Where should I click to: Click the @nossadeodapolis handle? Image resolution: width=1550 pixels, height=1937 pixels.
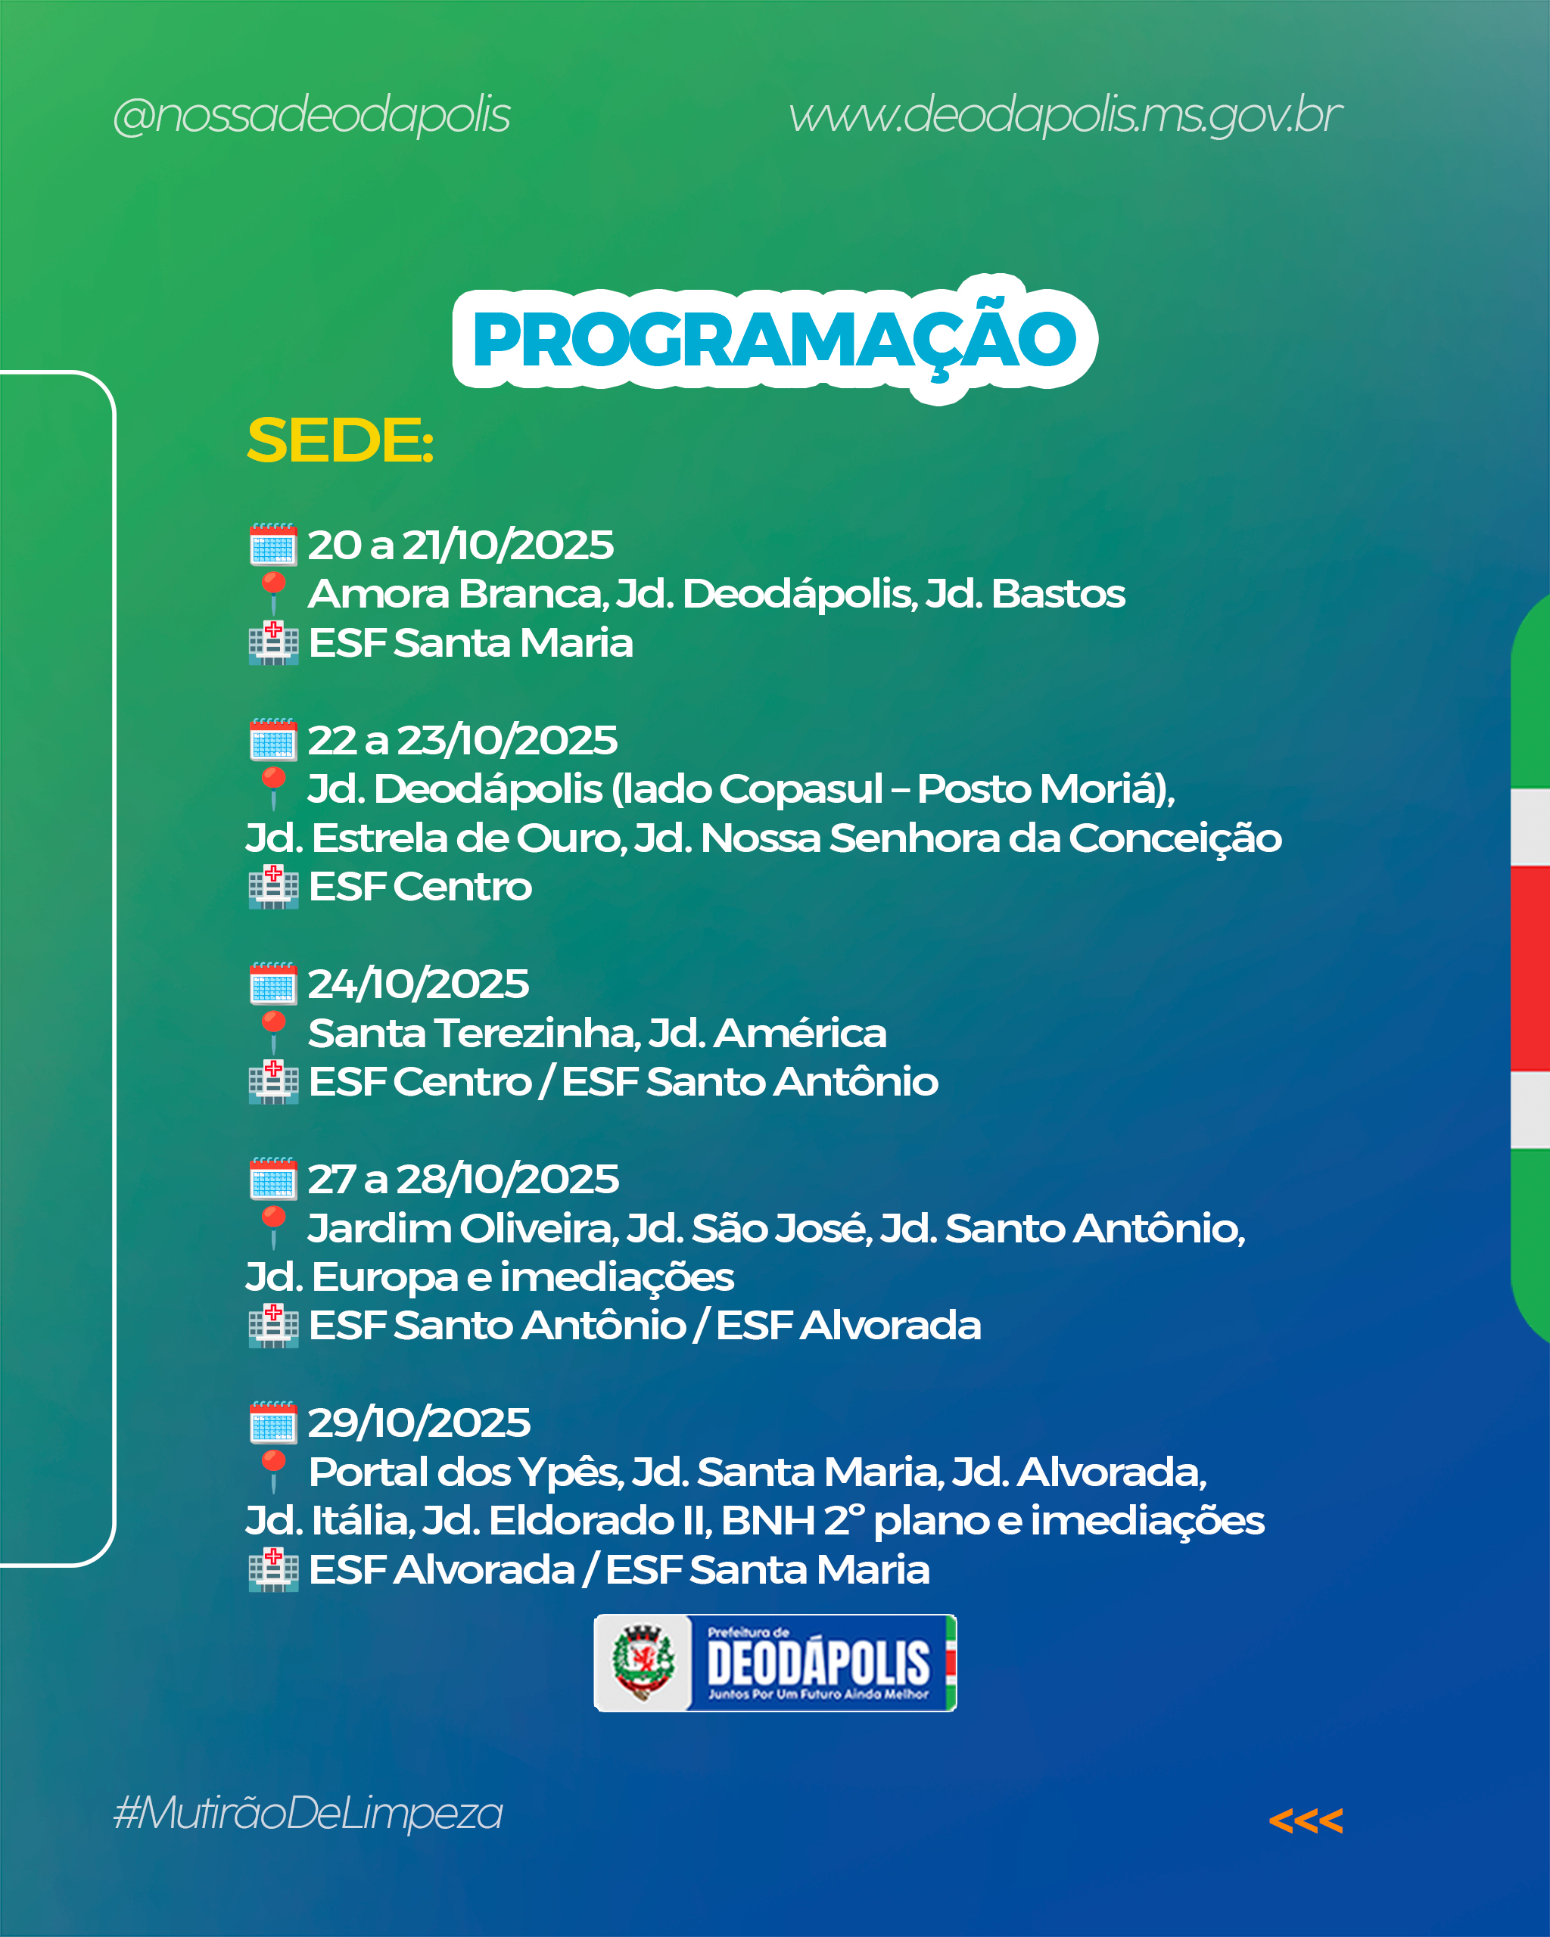tap(312, 116)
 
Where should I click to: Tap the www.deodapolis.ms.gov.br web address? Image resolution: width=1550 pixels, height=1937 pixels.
tap(1066, 116)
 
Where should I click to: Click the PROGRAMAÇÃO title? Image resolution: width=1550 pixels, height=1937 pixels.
tap(774, 340)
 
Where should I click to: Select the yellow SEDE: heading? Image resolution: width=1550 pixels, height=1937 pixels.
tap(341, 440)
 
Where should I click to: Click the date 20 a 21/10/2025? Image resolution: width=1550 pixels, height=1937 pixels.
tap(461, 545)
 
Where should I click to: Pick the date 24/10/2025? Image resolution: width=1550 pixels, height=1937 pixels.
tap(419, 984)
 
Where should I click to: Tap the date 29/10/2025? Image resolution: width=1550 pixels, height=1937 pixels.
tap(419, 1422)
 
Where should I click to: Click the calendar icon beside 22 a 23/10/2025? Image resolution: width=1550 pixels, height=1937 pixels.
tap(273, 739)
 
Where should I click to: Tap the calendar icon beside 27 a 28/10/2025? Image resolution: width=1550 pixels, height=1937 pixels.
tap(273, 1178)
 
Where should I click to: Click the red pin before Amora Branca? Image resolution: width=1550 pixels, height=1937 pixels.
tap(273, 594)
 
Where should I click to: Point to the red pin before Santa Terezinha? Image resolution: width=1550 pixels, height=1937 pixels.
tap(273, 1033)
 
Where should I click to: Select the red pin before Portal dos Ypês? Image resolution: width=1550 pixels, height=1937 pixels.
tap(273, 1472)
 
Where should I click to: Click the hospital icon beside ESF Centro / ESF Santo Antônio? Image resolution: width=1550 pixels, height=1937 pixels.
tap(273, 1082)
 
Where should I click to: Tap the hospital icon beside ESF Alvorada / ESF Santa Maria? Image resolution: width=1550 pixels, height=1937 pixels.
tap(273, 1569)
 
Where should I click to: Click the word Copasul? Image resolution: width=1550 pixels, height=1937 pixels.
tap(801, 790)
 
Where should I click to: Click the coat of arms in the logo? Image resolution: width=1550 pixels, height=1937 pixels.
tap(643, 1663)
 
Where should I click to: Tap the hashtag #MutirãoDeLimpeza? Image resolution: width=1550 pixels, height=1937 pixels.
tap(308, 1813)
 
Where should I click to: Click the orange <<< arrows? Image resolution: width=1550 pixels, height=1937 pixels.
tap(1306, 1821)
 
